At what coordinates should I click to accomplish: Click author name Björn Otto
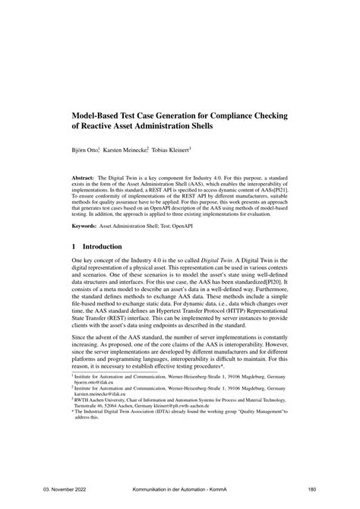tap(87, 150)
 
